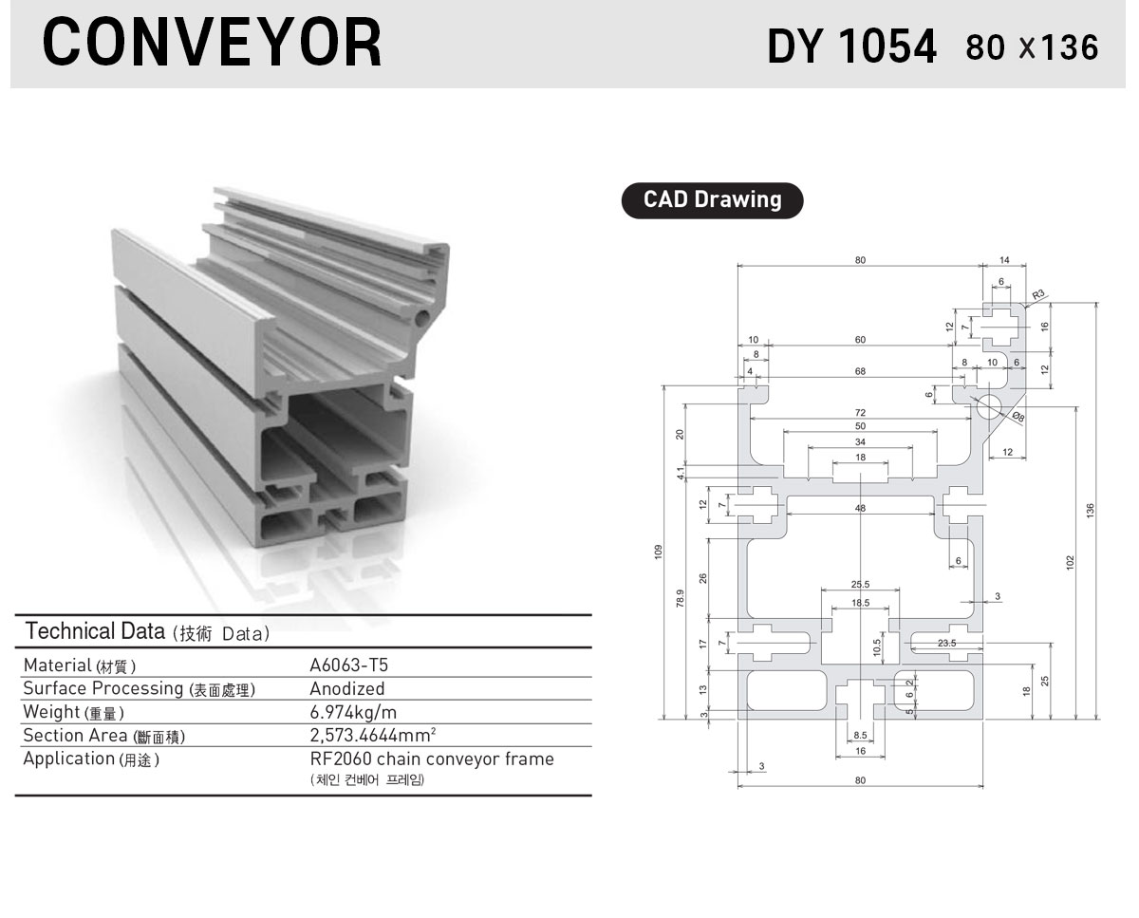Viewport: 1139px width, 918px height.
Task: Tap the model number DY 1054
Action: coord(851,47)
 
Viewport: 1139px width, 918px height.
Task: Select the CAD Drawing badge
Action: coord(712,200)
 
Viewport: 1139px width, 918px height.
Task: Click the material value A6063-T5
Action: coord(348,665)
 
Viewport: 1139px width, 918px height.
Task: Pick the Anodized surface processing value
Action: coord(347,688)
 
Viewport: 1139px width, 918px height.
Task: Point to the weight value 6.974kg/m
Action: coord(353,712)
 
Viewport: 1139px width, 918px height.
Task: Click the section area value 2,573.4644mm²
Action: coord(373,735)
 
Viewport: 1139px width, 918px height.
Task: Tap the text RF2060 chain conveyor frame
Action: coord(432,759)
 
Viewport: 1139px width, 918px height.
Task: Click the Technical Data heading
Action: coord(95,631)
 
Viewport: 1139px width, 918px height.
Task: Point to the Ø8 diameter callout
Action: coord(1018,417)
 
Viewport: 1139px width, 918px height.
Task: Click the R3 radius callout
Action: coord(1038,294)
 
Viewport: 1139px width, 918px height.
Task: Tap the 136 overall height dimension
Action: coord(1090,511)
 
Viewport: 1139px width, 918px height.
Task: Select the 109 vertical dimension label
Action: coord(659,552)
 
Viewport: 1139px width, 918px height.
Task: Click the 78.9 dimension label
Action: coord(681,598)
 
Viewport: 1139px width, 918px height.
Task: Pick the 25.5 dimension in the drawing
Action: coord(860,585)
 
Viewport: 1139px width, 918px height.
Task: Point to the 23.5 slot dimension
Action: coord(947,643)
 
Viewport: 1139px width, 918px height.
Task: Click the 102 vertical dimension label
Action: coord(1071,562)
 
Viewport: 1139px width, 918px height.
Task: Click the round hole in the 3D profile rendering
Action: coord(422,318)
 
